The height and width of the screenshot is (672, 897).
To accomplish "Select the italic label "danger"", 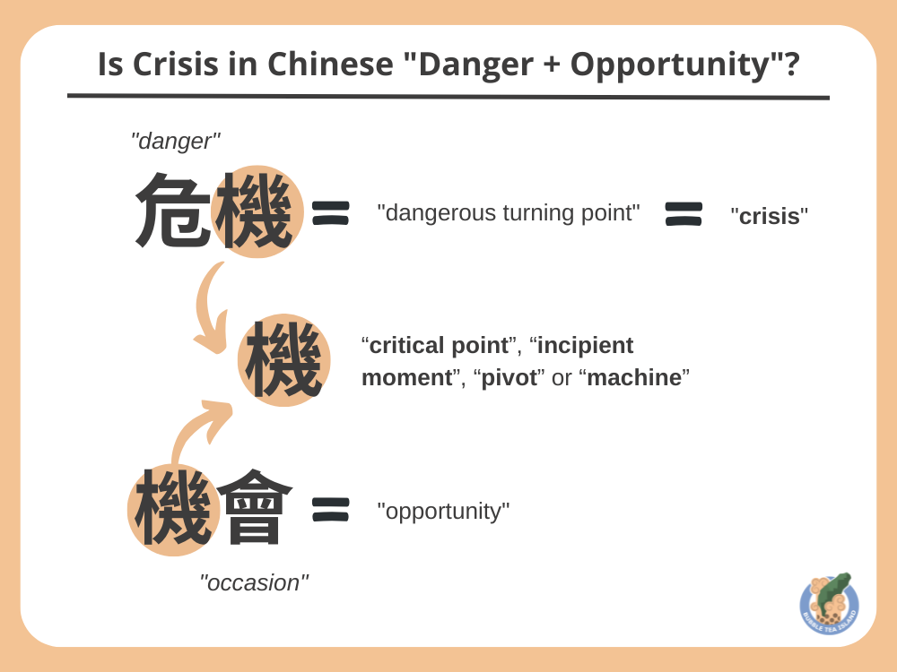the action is [x=175, y=141].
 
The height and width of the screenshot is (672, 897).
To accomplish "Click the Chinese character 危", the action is [x=173, y=212].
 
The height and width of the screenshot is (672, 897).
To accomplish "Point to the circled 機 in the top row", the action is [x=256, y=212].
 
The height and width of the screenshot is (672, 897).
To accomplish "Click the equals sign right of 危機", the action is [x=330, y=212].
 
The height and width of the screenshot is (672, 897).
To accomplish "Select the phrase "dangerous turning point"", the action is [x=509, y=212].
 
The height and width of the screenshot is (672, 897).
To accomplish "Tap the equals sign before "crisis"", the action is [x=684, y=213].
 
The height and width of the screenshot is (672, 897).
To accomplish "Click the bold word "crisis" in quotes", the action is [x=769, y=216].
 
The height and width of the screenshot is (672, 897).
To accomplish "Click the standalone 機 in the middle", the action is [x=283, y=360].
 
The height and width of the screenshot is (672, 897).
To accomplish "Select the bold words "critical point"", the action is [x=439, y=345].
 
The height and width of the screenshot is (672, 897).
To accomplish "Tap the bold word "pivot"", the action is [x=509, y=377].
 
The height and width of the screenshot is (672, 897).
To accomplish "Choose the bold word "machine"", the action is [x=633, y=377].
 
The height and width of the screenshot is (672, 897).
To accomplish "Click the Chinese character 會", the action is [x=255, y=509].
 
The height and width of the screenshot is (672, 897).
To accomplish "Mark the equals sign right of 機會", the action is [x=330, y=509].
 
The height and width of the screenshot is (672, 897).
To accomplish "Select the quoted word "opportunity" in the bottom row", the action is [x=443, y=511].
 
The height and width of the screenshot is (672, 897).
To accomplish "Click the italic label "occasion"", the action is [x=254, y=582].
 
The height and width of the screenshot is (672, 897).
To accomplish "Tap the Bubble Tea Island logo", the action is [x=829, y=604].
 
